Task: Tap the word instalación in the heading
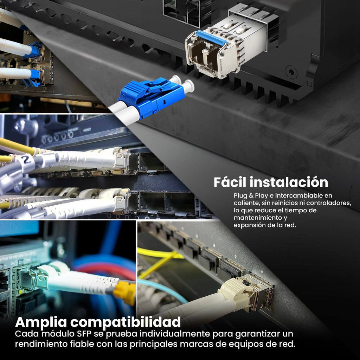click(x=289, y=182)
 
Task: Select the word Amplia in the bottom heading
click(x=41, y=322)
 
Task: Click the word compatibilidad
click(x=126, y=322)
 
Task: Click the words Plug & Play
click(x=251, y=196)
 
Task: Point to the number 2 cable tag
click(x=27, y=160)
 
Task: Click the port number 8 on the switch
click(x=262, y=272)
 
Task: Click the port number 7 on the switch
click(x=236, y=257)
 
